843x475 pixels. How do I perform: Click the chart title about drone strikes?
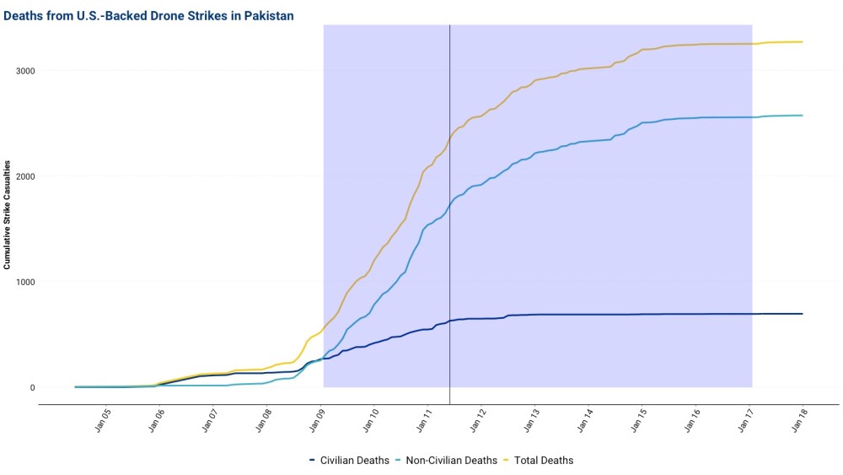pos(148,16)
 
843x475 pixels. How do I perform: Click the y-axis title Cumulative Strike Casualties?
pos(7,218)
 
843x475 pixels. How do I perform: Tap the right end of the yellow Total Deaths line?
pos(802,42)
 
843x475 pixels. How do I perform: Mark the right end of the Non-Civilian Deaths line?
pos(802,116)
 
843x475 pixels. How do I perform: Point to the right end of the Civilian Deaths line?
pos(802,314)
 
